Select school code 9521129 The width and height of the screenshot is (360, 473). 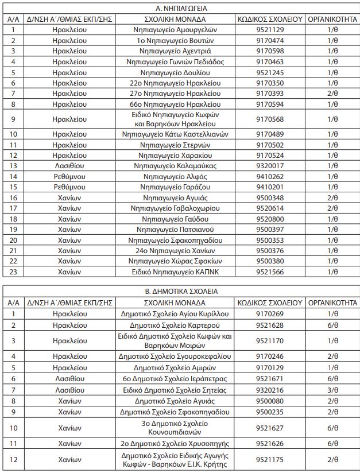(270, 30)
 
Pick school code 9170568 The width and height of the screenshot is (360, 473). (270, 119)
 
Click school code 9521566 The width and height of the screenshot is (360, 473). (270, 272)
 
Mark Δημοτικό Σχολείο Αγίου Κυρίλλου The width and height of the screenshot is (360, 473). (175, 313)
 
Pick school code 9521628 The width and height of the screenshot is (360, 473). (270, 324)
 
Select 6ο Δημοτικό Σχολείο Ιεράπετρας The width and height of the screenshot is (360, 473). (175, 379)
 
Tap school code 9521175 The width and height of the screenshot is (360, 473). (270, 460)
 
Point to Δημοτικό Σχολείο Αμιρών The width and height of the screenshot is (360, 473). (175, 367)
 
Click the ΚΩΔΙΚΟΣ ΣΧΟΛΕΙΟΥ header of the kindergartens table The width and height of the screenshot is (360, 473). (270, 19)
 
